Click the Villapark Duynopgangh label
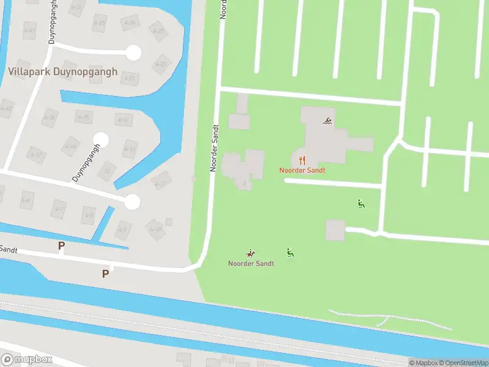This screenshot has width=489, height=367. point(62,72)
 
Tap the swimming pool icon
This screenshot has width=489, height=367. point(328,120)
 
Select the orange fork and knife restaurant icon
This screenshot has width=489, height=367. point(302,160)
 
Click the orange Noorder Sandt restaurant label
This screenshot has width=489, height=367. point(302,169)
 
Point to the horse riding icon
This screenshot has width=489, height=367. point(250,253)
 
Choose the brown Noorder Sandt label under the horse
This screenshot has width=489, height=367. point(251,264)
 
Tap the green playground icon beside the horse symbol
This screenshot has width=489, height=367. point(290,252)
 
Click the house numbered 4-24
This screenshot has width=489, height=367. point(129,23)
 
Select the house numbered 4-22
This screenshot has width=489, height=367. point(161,64)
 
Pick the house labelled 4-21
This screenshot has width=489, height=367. point(129,78)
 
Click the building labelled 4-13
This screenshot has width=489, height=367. point(129,149)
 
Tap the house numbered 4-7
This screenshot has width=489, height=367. point(59,209)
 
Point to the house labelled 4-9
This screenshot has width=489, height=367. point(123,229)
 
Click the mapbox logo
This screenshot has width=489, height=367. point(27,360)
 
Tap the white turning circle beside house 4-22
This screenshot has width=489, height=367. point(133,53)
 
